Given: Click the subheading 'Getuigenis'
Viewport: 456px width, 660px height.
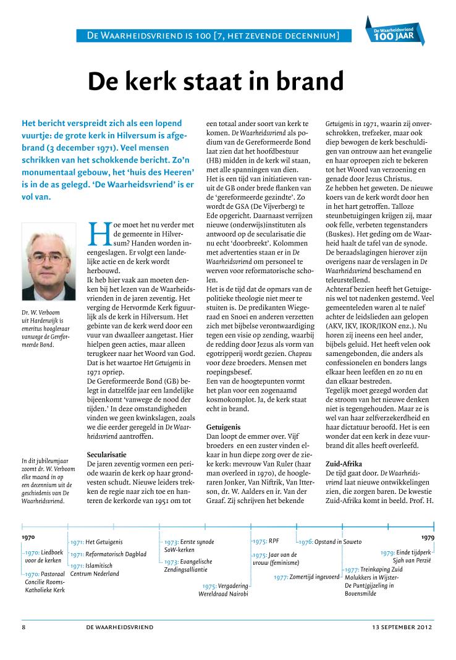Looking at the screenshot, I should click(223, 427).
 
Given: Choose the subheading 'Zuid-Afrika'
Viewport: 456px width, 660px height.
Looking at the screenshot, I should click(345, 463).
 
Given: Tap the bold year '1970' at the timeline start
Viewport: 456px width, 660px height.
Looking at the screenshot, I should click(28, 538).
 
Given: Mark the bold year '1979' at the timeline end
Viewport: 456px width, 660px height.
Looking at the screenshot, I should click(427, 538).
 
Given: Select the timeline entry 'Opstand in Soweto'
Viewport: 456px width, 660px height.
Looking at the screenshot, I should click(329, 542).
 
